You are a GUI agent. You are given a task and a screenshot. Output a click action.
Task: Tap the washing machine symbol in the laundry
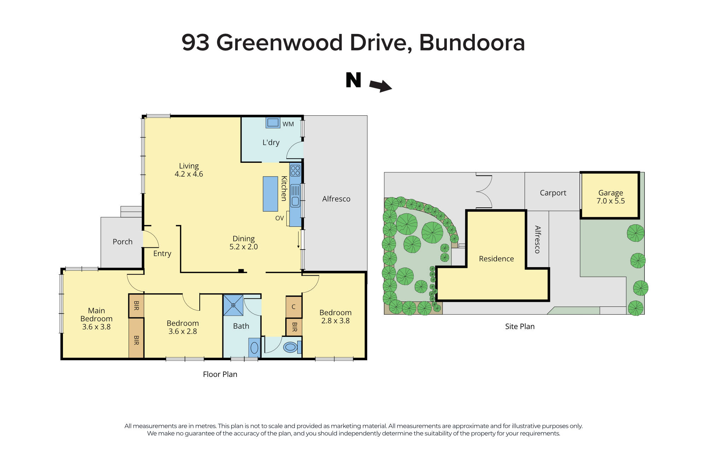coord(273,122)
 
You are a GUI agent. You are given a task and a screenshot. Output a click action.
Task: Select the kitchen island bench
coord(270,194)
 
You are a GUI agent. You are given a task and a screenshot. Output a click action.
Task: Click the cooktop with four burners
coord(295,171)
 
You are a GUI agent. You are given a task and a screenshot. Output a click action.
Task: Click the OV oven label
coord(279,218)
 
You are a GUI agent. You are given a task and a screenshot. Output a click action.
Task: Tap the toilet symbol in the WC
coord(290,347)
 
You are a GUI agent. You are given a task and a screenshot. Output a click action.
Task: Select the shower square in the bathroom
coord(233,305)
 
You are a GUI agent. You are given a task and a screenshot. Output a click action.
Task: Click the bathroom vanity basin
coord(254,348)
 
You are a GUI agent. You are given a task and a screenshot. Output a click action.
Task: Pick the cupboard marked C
coord(293,307)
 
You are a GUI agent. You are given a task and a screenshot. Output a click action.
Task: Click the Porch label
coord(122,242)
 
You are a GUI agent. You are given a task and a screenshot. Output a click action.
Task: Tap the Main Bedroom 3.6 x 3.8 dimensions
coord(96,327)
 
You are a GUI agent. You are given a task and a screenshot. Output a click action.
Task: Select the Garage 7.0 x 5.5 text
coord(610,201)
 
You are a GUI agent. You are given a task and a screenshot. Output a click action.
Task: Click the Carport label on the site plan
coord(553,193)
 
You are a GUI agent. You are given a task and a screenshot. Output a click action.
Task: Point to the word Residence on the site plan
coord(496,259)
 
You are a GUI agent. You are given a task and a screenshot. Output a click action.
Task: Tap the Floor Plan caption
coord(220,374)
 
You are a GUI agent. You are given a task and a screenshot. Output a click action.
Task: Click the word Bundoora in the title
coord(472,42)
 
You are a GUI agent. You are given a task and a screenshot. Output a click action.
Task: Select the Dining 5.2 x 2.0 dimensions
coord(244,247)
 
